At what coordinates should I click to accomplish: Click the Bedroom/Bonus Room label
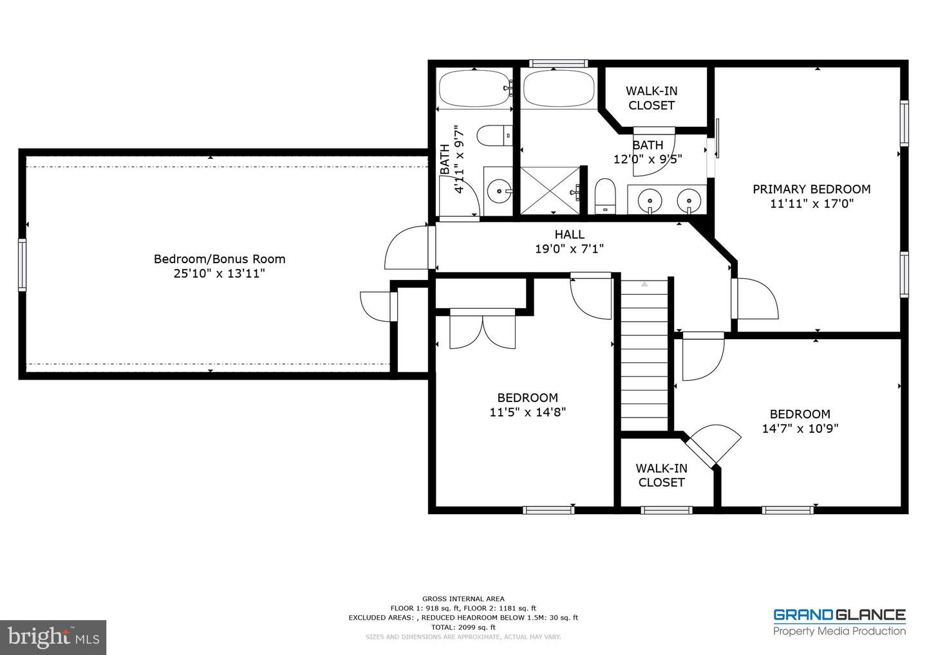click(x=220, y=259)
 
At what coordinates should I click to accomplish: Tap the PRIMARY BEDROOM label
click(x=811, y=189)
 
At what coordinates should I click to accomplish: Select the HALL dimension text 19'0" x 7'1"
click(x=570, y=249)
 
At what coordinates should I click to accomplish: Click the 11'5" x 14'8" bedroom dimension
click(x=528, y=412)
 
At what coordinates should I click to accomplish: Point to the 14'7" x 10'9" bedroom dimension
click(x=800, y=429)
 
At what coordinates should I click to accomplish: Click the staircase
click(x=644, y=356)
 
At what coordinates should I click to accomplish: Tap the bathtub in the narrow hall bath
click(x=474, y=89)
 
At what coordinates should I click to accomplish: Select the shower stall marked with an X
click(x=550, y=190)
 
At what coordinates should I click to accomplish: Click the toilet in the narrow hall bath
click(x=494, y=135)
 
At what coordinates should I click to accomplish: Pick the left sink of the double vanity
click(x=650, y=200)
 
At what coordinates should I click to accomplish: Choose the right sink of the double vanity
click(x=689, y=200)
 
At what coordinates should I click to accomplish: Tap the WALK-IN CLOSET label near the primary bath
click(x=651, y=98)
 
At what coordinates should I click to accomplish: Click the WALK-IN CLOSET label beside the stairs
click(x=661, y=475)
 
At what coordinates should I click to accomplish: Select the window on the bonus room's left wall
click(x=22, y=265)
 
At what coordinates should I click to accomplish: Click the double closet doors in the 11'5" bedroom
click(x=483, y=328)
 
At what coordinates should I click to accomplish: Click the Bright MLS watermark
click(x=53, y=637)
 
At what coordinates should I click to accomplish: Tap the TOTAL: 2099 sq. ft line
click(x=463, y=627)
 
